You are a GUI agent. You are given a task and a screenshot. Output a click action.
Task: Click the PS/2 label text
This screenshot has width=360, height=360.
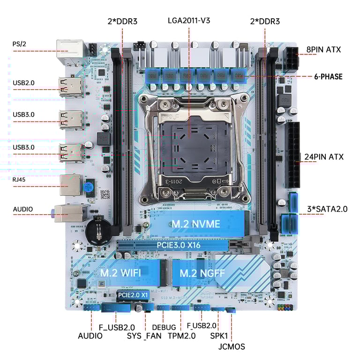[x=20, y=45]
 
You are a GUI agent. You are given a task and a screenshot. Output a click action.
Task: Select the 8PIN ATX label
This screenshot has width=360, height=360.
[x=323, y=49]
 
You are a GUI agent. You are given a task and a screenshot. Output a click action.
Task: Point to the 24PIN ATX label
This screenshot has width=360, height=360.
[x=324, y=157]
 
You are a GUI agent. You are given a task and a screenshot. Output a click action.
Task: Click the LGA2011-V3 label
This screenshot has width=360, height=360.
[x=189, y=21]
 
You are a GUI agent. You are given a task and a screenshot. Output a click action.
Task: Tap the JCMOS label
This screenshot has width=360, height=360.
[x=232, y=347]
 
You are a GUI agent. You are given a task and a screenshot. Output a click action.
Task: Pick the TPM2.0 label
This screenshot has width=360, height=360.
[x=181, y=336]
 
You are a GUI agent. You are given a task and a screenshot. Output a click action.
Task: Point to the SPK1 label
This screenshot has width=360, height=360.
[x=219, y=336]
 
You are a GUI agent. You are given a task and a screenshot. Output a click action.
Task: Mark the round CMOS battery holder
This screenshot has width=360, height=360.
[x=99, y=229]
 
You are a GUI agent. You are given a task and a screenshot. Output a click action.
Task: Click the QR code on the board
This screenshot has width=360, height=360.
[x=105, y=194]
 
